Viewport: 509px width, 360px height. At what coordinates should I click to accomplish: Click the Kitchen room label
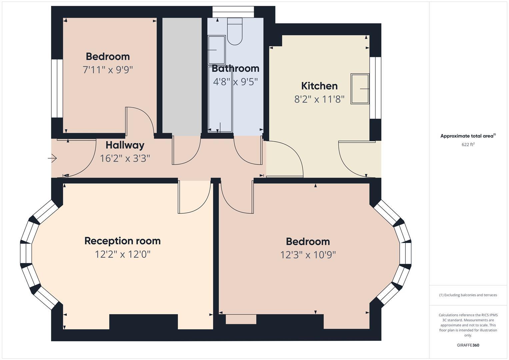pos(319,86)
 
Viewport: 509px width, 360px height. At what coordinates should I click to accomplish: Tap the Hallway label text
pos(125,145)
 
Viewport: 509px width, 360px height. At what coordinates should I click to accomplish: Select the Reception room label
pos(122,241)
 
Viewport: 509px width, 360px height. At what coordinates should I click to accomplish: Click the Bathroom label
pos(235,68)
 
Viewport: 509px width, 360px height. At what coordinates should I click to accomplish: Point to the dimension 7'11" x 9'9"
pos(108,70)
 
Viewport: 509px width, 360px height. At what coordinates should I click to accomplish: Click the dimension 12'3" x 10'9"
pos(308,255)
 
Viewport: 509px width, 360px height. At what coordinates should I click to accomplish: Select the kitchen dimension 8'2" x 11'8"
pos(319,99)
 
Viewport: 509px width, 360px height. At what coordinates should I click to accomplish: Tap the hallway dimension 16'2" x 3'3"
pos(125,158)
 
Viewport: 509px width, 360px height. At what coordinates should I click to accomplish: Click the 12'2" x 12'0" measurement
pos(122,254)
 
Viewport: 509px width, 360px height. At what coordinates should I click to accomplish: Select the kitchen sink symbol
pos(360,89)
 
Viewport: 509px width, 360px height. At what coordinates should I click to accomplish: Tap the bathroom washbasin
pos(216,50)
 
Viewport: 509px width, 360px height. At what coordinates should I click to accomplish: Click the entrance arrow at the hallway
pos(53,158)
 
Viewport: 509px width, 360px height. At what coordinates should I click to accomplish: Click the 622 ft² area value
pos(468,145)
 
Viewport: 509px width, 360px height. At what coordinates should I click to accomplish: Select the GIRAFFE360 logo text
pos(468,345)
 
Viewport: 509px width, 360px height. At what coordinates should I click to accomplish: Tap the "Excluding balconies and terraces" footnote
pos(468,295)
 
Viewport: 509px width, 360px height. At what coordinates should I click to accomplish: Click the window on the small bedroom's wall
pos(57,88)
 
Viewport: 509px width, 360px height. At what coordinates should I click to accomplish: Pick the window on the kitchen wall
pos(375,88)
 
